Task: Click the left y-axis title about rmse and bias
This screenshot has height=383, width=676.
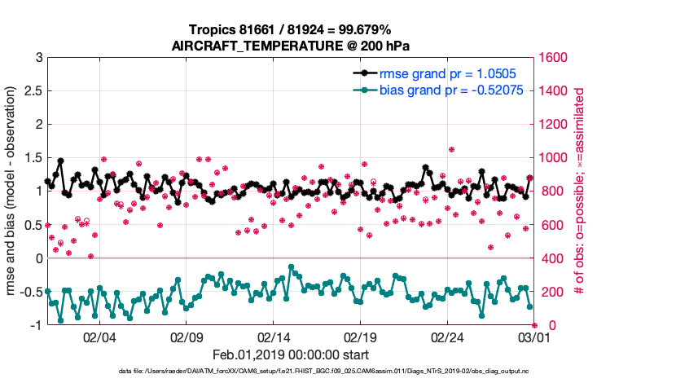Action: click(x=14, y=191)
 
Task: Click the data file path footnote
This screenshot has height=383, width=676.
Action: click(x=324, y=372)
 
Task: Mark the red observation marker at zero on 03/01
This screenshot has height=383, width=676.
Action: click(x=534, y=324)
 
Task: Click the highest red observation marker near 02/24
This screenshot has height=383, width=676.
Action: click(x=451, y=149)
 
